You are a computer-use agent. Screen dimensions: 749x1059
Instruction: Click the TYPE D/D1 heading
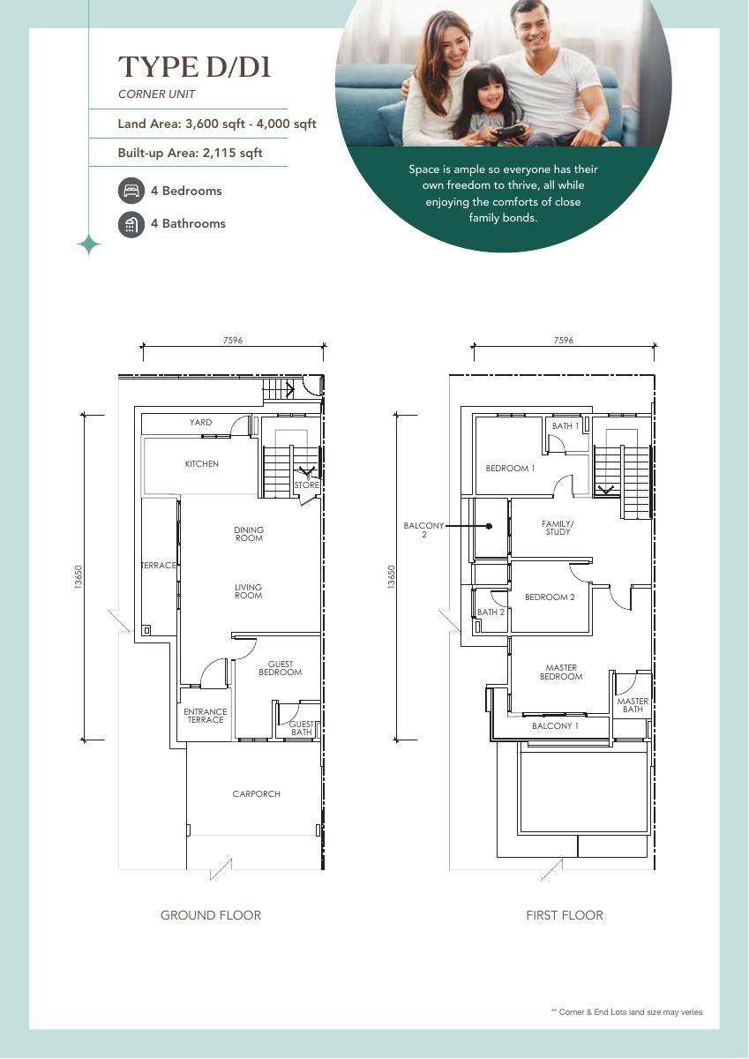pyautogui.click(x=194, y=67)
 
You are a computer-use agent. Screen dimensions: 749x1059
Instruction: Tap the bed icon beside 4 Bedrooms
pyautogui.click(x=131, y=191)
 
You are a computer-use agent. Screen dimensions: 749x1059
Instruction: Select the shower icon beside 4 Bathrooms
pyautogui.click(x=131, y=223)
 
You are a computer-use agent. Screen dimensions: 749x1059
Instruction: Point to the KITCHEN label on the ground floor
pyautogui.click(x=202, y=464)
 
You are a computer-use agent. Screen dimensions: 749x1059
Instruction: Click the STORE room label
pyautogui.click(x=307, y=485)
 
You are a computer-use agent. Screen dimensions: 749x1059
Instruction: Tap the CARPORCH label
pyautogui.click(x=256, y=793)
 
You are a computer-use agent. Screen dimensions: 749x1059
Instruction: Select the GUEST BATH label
pyautogui.click(x=301, y=728)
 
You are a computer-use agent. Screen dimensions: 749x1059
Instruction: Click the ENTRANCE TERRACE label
pyautogui.click(x=205, y=716)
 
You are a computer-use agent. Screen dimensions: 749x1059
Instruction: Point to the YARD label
pyautogui.click(x=201, y=422)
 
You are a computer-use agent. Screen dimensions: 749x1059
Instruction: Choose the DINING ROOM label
pyautogui.click(x=249, y=534)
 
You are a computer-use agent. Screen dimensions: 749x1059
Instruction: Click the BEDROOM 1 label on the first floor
pyautogui.click(x=510, y=468)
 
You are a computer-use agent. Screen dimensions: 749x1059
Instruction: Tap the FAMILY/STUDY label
pyautogui.click(x=558, y=528)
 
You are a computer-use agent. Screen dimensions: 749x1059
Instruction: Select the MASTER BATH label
pyautogui.click(x=633, y=705)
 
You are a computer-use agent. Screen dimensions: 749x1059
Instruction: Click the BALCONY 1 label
pyautogui.click(x=555, y=725)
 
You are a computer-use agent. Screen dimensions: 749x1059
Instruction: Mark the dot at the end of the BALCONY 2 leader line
pyautogui.click(x=490, y=526)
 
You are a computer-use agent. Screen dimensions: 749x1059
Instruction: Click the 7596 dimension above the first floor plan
pyautogui.click(x=563, y=340)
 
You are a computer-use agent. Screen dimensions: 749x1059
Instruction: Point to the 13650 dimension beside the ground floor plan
pyautogui.click(x=79, y=577)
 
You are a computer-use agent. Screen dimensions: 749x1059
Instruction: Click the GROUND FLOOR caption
pyautogui.click(x=211, y=915)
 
